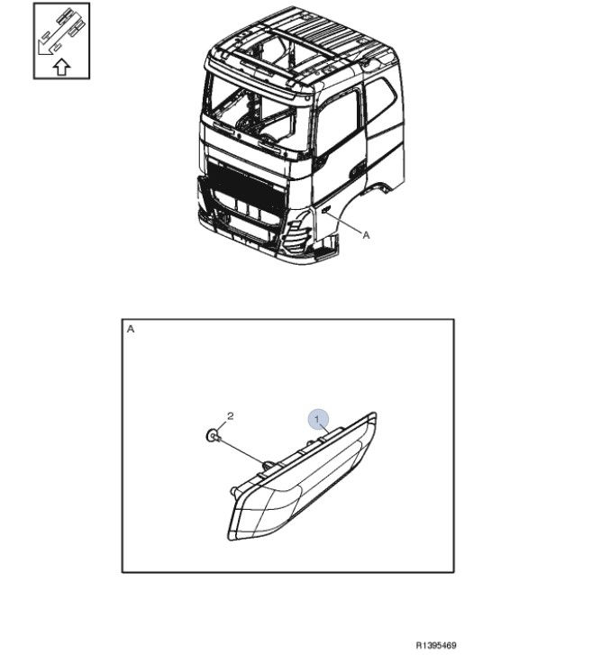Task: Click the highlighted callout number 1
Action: click(317, 419)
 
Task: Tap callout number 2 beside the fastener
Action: click(230, 416)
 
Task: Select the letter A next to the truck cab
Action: click(367, 235)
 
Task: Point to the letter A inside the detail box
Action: click(131, 329)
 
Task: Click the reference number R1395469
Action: click(436, 645)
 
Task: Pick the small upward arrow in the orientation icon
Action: click(62, 67)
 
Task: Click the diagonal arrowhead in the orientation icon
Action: click(43, 47)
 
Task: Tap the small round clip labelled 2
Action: click(213, 436)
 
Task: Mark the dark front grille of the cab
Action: click(245, 185)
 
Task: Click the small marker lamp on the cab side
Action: click(326, 209)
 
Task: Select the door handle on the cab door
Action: click(357, 170)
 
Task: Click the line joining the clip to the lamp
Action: click(241, 450)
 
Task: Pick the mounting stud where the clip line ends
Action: click(269, 465)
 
